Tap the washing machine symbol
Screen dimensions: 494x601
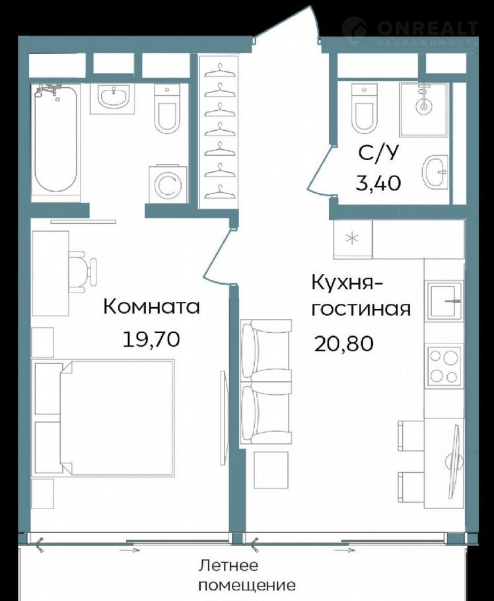[168, 184]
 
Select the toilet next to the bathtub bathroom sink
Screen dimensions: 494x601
[166, 109]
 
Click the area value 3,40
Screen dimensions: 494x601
[378, 183]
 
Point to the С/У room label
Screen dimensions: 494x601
[378, 153]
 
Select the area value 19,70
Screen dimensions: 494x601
[151, 339]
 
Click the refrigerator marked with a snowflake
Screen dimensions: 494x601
[353, 239]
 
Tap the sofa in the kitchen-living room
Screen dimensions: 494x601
[265, 383]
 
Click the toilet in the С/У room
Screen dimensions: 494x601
[364, 109]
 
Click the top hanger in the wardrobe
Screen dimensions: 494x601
[219, 70]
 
